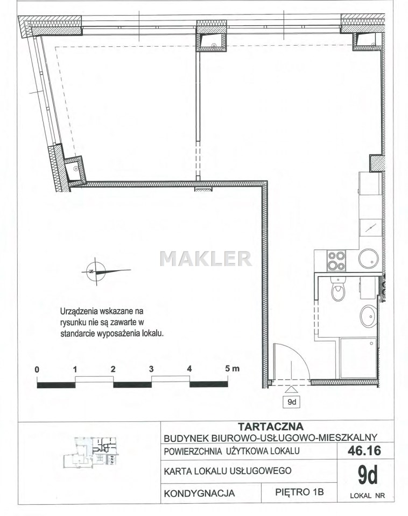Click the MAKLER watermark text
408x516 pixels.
[206, 259]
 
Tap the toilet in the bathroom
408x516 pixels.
[338, 289]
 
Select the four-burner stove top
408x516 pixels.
[336, 261]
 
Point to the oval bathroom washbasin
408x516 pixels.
[368, 316]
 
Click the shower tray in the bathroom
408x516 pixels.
[358, 358]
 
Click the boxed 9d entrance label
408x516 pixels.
[292, 402]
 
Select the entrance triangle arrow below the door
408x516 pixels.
[291, 390]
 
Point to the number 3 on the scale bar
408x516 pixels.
[151, 369]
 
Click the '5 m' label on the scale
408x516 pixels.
[233, 369]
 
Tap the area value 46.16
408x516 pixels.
[364, 450]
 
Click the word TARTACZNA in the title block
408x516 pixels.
[270, 426]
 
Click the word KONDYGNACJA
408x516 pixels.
[199, 493]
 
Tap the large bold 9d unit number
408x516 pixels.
[368, 475]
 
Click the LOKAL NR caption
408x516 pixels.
[368, 496]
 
